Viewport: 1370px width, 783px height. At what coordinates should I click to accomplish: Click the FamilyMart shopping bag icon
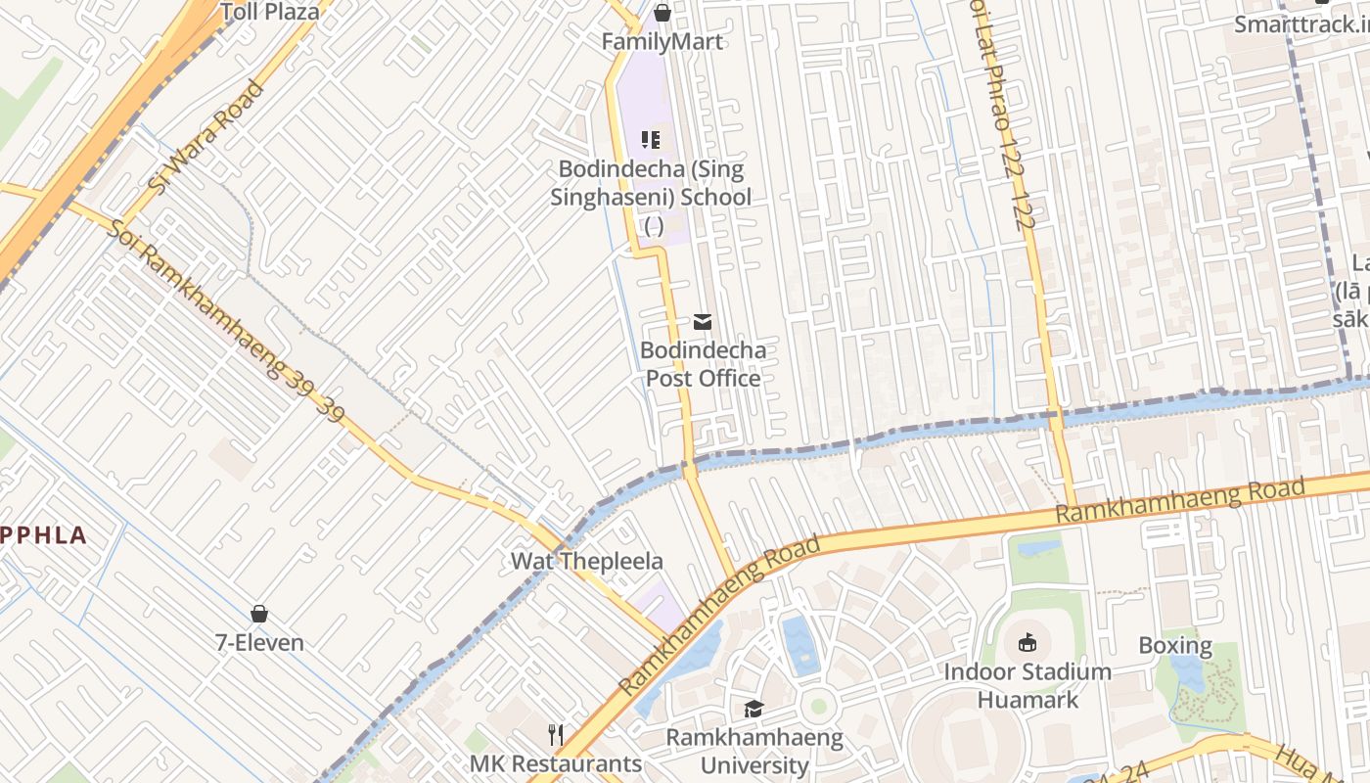(662, 13)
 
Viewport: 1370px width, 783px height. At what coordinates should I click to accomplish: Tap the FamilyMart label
(662, 41)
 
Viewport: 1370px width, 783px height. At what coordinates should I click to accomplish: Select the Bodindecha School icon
(651, 140)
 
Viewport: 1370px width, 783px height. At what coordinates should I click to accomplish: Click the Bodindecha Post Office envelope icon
(702, 321)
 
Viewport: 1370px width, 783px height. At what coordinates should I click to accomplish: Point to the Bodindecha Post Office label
(703, 364)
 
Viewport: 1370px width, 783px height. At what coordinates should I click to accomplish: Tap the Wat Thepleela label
(587, 562)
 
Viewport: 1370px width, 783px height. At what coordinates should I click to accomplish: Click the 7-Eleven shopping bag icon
(259, 614)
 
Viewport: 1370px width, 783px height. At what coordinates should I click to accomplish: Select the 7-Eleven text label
(259, 643)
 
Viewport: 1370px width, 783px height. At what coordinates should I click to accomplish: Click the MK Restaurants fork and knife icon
(556, 734)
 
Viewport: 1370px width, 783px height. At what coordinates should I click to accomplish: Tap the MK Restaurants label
(556, 763)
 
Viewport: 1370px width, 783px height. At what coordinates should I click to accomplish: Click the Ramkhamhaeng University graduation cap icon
(753, 709)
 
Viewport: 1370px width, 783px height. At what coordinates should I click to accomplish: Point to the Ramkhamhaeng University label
(754, 751)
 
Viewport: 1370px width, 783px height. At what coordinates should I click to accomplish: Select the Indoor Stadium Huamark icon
(1027, 643)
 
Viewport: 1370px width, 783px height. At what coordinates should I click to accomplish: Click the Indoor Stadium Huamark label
(1027, 685)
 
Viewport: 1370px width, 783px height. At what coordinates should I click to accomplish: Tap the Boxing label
(1175, 646)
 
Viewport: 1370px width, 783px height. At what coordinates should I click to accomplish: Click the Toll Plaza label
(270, 12)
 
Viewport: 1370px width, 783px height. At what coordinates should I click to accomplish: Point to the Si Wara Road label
(206, 135)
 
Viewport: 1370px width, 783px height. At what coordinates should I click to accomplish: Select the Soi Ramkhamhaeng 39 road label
(227, 321)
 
